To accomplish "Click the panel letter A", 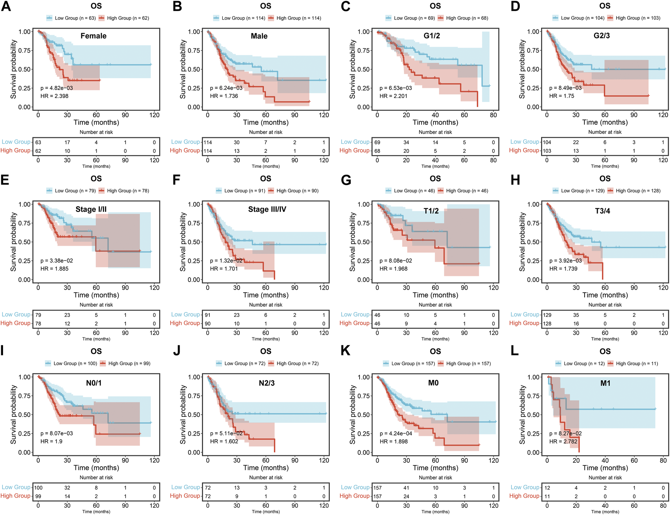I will [6, 7].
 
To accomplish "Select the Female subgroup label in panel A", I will [93, 36].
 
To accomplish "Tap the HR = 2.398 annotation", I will [54, 96].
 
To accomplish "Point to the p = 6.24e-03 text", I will [226, 88].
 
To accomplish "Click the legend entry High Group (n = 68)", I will [467, 18].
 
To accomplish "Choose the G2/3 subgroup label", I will [602, 36].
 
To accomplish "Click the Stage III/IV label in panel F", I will [267, 209].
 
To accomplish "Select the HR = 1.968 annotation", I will [394, 269].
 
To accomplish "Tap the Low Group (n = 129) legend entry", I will [582, 191].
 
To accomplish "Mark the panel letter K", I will [345, 351].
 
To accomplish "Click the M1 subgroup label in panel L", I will [605, 383].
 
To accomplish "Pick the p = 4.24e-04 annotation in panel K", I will [396, 434].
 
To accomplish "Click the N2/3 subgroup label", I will [267, 383].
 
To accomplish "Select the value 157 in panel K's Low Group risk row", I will [377, 488].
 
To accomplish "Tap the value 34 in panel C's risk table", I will [406, 143].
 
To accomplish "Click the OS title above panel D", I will [605, 6].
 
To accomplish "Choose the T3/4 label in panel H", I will [602, 211].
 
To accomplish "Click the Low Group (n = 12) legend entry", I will [584, 364].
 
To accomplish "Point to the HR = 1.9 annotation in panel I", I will [52, 442].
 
